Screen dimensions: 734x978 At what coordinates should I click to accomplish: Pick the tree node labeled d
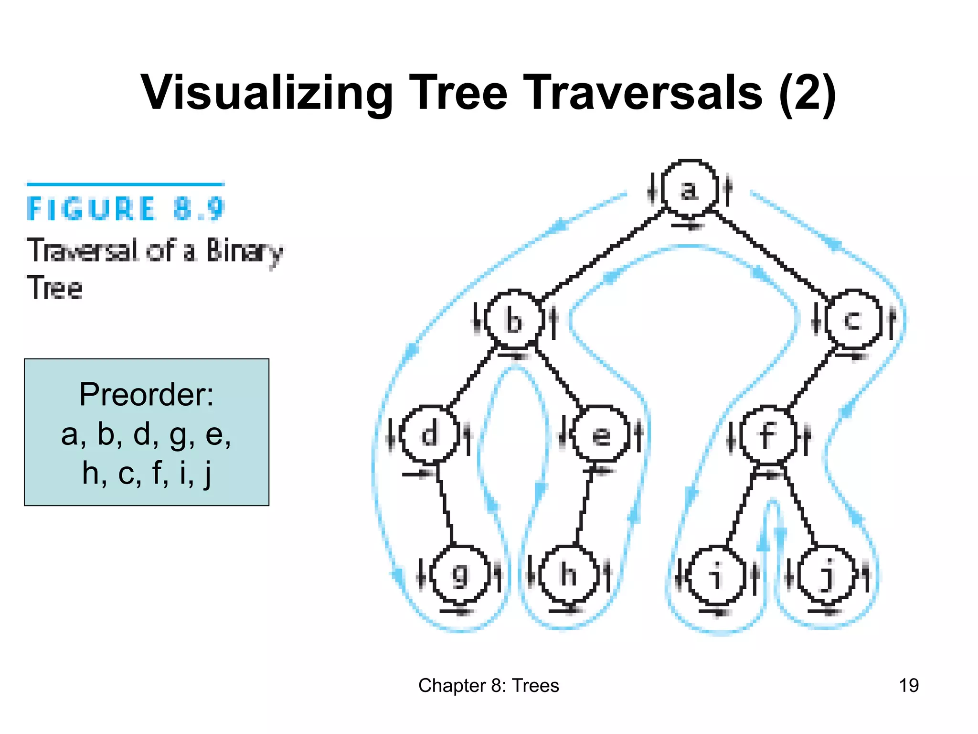tap(429, 434)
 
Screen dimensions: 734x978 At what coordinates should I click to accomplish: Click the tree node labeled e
tap(601, 434)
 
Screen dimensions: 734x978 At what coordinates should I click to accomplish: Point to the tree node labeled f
tap(767, 434)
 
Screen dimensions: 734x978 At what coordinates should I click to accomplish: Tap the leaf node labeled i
tap(716, 575)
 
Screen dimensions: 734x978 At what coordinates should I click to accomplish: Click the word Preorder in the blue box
tap(146, 395)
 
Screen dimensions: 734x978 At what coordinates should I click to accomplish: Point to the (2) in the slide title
tap(807, 93)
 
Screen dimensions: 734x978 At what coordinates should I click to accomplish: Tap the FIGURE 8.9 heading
tap(126, 209)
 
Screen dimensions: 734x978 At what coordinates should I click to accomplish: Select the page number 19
tap(908, 685)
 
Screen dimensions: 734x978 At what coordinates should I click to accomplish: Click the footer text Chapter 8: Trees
tap(489, 685)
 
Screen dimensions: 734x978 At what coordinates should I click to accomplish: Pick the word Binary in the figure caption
tap(244, 251)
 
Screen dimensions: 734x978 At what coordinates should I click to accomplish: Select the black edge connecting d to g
tap(445, 507)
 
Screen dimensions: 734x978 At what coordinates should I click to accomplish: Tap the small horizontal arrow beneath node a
tap(688, 225)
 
